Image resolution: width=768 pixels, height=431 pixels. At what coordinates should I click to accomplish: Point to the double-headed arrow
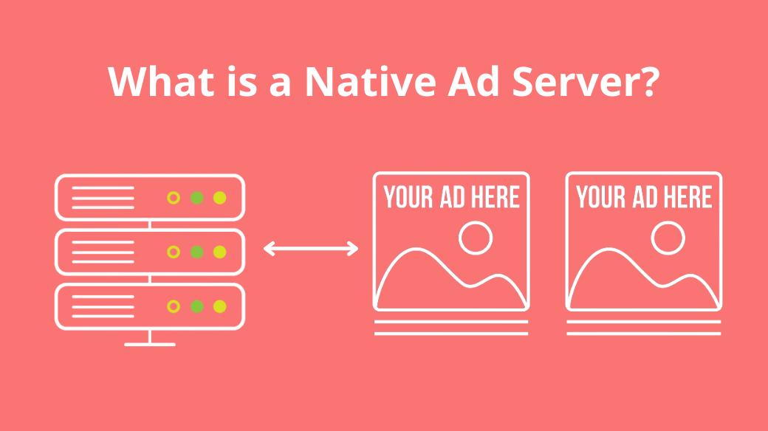(x=311, y=249)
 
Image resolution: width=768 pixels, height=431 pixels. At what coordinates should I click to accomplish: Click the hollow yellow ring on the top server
(x=174, y=198)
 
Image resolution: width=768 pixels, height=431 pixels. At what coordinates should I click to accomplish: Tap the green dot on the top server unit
(x=196, y=198)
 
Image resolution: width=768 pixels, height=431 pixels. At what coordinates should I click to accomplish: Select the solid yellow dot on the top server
(x=219, y=198)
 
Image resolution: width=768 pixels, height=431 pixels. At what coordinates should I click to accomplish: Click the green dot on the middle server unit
(x=196, y=252)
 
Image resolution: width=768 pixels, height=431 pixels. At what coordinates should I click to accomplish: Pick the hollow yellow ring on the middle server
(x=174, y=252)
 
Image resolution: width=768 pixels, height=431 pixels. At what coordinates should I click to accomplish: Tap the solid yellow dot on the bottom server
(x=219, y=306)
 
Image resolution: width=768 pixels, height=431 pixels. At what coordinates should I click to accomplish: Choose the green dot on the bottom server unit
(x=196, y=306)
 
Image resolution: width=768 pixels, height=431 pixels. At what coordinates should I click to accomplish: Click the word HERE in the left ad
(x=495, y=198)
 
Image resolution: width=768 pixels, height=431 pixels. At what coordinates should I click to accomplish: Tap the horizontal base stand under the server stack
(x=150, y=344)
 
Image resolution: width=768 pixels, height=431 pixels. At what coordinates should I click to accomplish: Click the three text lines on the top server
(x=103, y=198)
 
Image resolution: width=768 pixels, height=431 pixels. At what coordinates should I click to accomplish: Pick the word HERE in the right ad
(x=688, y=198)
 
